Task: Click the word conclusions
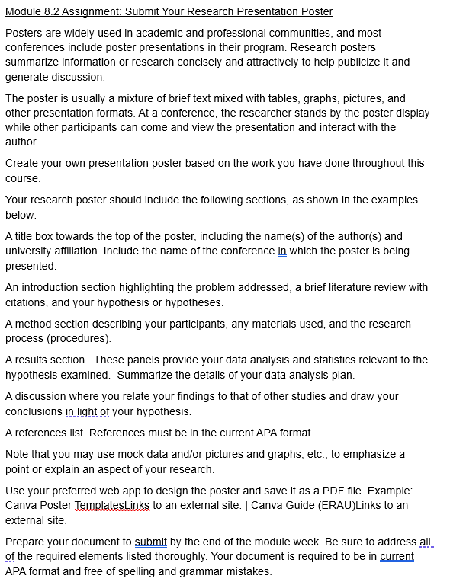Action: tap(34, 411)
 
